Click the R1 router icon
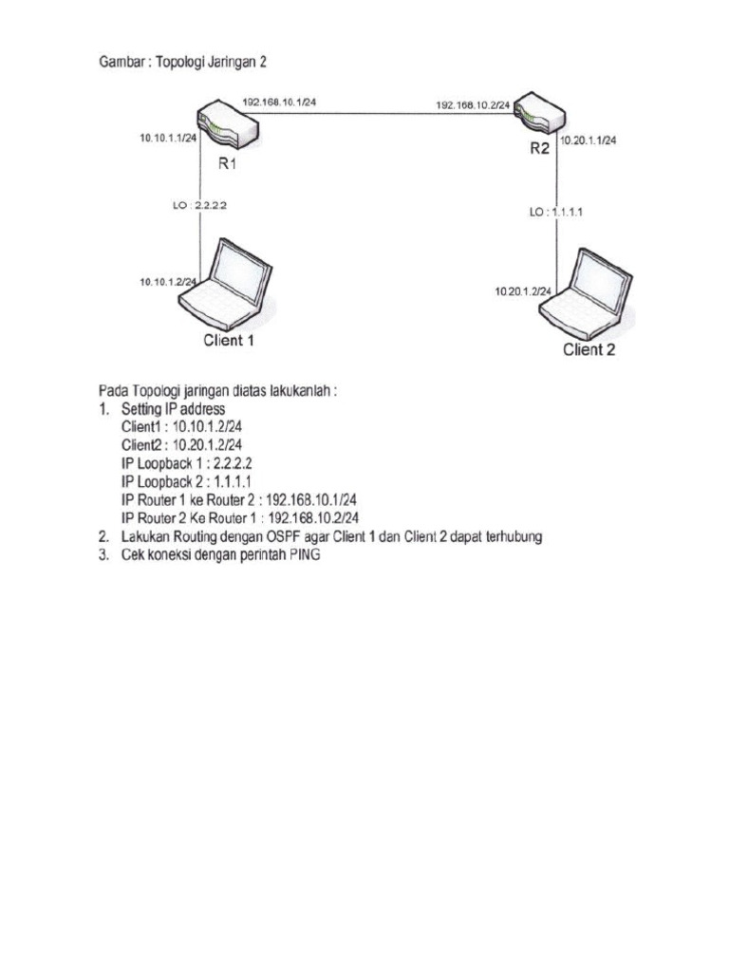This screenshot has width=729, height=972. (x=227, y=126)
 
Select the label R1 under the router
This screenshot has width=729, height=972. (x=227, y=163)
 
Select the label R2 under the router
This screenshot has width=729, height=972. (x=540, y=148)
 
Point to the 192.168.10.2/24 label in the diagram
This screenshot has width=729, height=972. (x=473, y=105)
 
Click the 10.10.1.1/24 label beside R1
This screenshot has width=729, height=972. (x=168, y=139)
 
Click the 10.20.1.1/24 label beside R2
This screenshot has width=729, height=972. (x=589, y=140)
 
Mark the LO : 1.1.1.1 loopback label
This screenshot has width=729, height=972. (x=556, y=213)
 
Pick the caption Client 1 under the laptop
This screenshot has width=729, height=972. (x=228, y=340)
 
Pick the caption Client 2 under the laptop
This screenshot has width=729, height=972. (x=595, y=349)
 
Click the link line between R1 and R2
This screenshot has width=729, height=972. (x=380, y=113)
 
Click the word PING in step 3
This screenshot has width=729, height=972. (x=300, y=555)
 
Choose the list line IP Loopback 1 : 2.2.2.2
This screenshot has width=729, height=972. (x=186, y=462)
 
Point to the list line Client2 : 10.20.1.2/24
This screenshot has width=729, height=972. (x=181, y=444)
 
